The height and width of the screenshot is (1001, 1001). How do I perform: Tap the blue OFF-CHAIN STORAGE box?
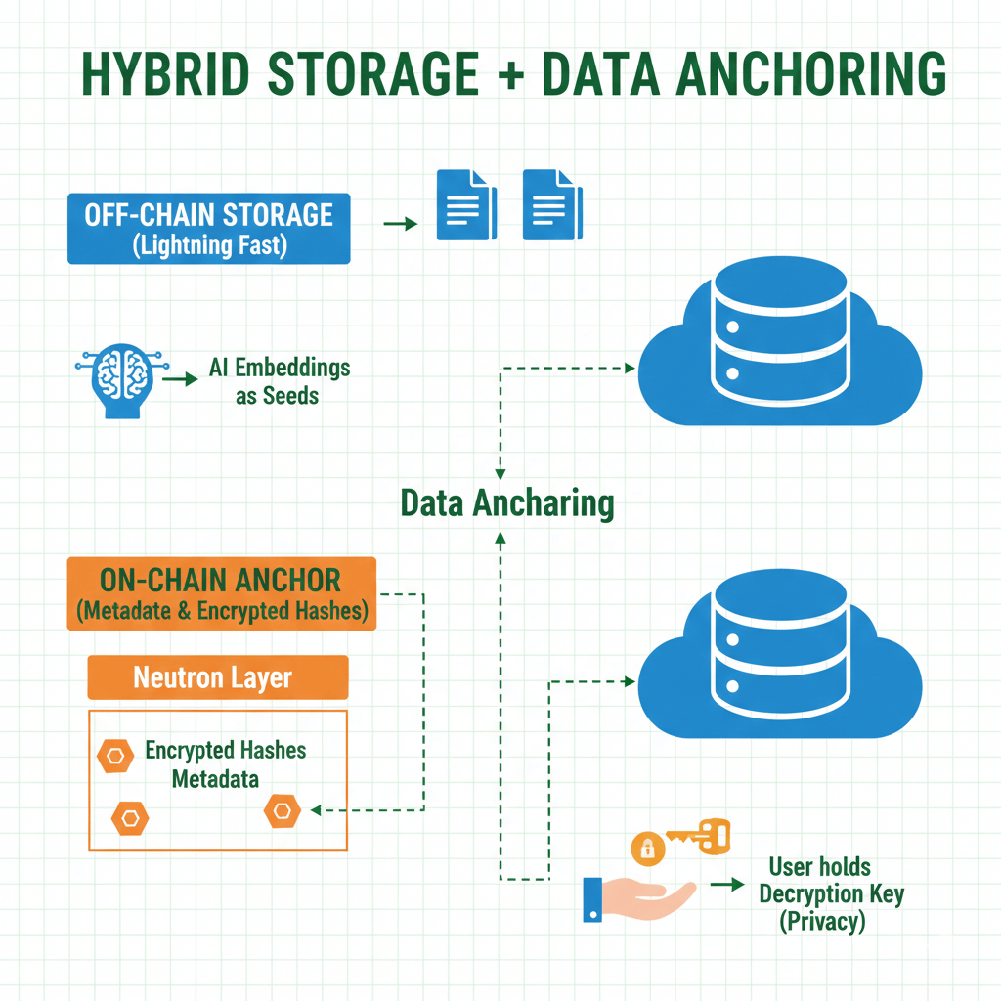coord(208,229)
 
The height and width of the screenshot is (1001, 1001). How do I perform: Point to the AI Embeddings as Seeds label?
coord(279,381)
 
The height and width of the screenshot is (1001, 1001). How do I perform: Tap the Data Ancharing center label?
coord(507,503)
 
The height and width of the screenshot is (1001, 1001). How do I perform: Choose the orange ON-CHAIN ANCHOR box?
coord(222,593)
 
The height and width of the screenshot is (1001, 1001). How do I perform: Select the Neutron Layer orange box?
coord(217,677)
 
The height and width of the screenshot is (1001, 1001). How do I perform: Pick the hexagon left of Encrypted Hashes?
coord(115,755)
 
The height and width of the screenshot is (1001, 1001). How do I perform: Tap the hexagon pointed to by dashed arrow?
coord(282,810)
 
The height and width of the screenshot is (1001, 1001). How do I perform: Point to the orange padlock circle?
coord(647,849)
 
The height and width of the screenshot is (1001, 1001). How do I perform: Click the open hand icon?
coord(637,897)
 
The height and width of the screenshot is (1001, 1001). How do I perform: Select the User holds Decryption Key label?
coord(831,893)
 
